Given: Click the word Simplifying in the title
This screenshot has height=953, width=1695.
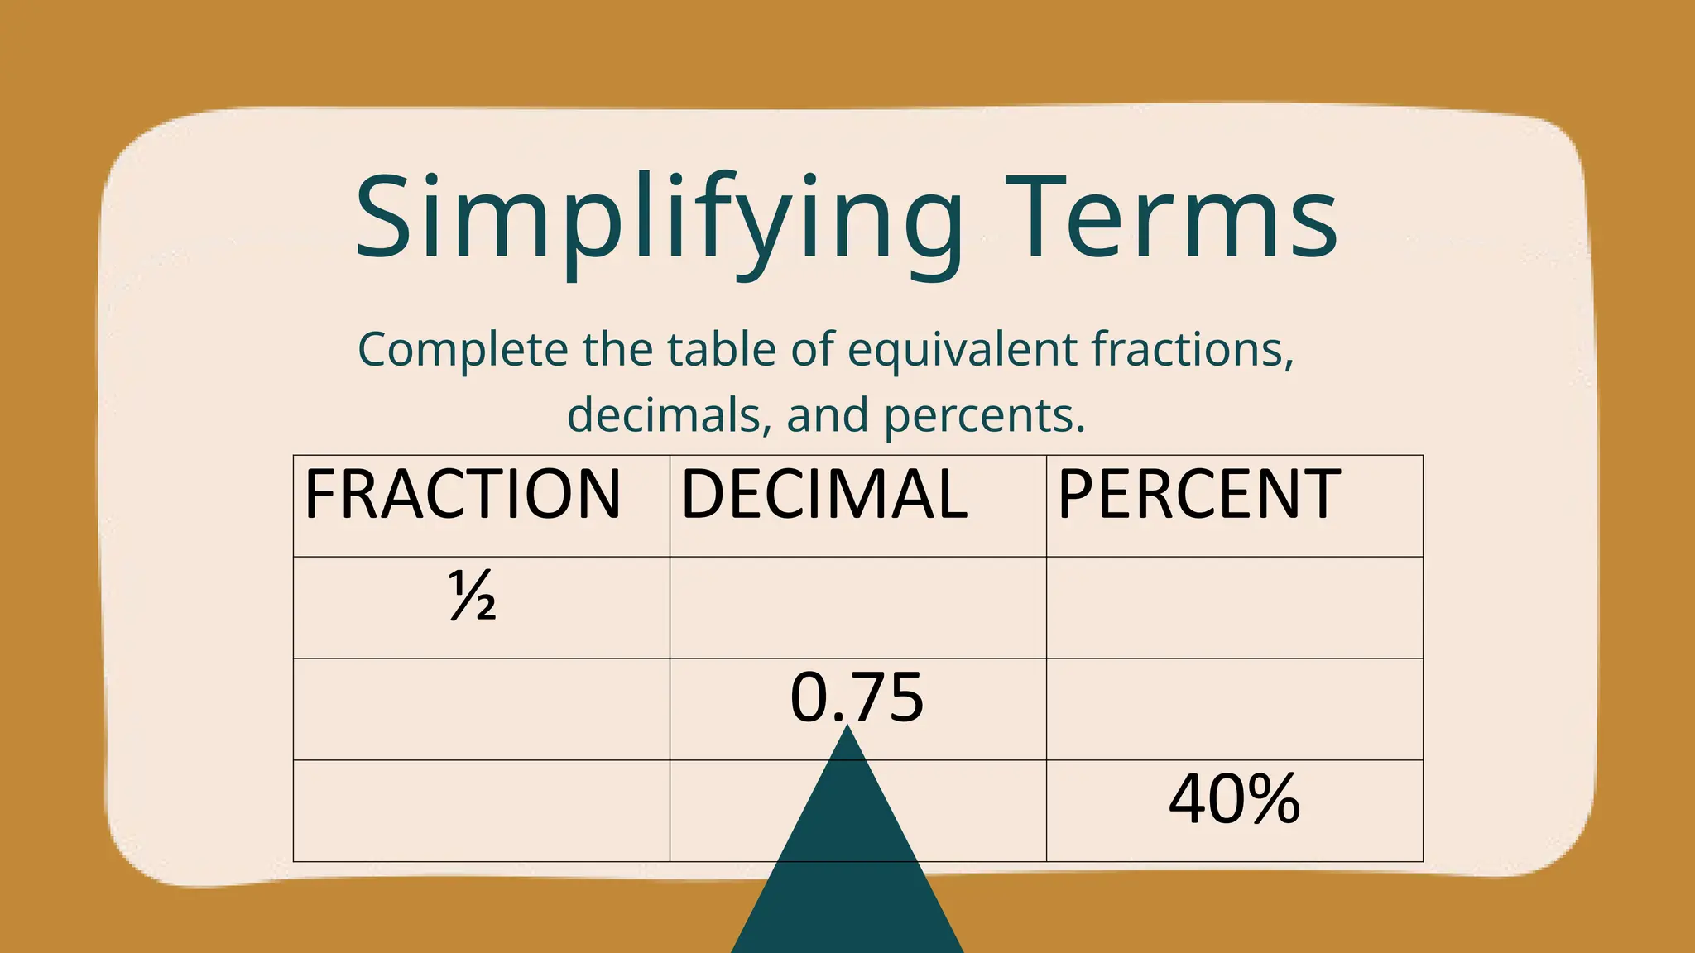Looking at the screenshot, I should tap(659, 219).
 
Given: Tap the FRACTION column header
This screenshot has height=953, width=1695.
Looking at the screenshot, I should tap(463, 495).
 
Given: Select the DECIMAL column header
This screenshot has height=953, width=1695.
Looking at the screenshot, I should tap(823, 495).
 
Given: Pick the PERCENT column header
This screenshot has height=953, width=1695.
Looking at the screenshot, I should tap(1198, 495).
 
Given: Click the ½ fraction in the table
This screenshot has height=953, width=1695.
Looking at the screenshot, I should tap(473, 596).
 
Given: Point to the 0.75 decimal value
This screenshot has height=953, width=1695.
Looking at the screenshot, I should tap(857, 698).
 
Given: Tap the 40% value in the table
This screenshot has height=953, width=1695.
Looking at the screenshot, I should tap(1234, 800).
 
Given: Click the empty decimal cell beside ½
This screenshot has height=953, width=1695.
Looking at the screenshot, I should tap(857, 608).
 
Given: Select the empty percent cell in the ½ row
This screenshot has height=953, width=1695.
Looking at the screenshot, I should tap(1234, 608).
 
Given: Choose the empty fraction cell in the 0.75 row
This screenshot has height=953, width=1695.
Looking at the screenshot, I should tap(481, 710).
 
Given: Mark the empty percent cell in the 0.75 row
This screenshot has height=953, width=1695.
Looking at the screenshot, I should tap(1234, 710).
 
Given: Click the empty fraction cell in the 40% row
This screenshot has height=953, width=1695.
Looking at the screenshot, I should tap(481, 812).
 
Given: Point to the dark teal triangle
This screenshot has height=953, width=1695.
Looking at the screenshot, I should tap(847, 877).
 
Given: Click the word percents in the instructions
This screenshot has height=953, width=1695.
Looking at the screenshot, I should tap(984, 415).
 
